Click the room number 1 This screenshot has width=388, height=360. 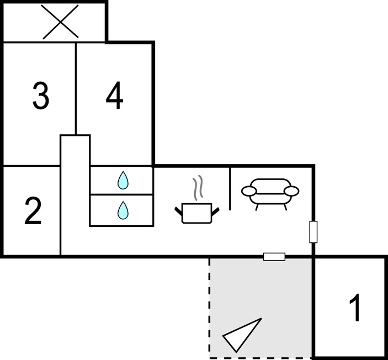click(355, 307)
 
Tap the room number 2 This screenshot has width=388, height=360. click(33, 211)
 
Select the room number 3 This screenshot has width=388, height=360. click(41, 96)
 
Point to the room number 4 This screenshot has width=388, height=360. click(114, 96)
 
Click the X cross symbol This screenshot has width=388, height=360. click(60, 22)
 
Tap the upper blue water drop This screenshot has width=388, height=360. click(123, 180)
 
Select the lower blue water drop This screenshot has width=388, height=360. click(123, 210)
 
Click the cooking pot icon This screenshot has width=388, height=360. click(197, 214)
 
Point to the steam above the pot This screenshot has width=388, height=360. click(198, 188)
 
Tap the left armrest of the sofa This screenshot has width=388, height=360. click(249, 191)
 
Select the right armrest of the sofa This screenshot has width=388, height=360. click(291, 191)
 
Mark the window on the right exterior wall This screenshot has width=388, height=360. click(313, 232)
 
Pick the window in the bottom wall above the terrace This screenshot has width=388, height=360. click(274, 257)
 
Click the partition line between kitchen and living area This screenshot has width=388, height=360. click(230, 189)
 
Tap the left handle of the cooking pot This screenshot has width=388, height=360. click(178, 211)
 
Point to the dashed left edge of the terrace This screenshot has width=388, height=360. click(210, 308)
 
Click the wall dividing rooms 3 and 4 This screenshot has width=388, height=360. click(76, 89)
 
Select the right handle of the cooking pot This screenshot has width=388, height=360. click(216, 211)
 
